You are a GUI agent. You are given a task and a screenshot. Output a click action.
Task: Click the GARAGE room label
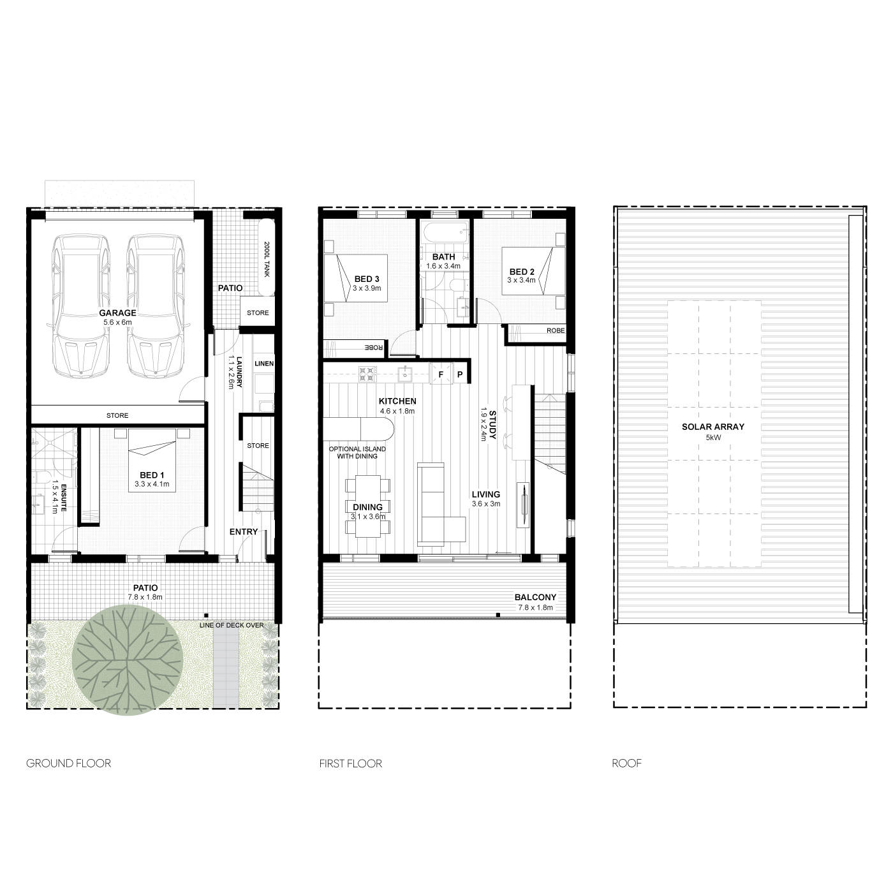click(x=117, y=313)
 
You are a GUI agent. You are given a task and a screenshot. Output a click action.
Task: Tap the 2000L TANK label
click(x=267, y=260)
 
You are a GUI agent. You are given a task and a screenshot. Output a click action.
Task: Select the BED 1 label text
click(x=152, y=475)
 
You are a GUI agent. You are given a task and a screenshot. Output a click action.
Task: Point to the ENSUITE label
click(x=64, y=498)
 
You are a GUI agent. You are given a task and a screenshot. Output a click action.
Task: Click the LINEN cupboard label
click(x=264, y=364)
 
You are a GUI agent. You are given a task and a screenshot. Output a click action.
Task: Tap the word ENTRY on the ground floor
click(x=243, y=531)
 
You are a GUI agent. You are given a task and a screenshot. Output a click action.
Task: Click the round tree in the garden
click(x=128, y=660)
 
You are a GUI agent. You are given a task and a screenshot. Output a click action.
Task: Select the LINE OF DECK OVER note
click(x=232, y=625)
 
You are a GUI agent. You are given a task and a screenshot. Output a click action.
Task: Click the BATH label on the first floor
click(x=443, y=256)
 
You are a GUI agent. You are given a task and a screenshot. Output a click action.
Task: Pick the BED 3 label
click(x=367, y=279)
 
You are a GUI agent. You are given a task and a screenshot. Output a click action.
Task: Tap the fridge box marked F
click(x=441, y=374)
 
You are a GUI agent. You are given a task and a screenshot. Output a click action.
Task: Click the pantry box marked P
click(x=460, y=374)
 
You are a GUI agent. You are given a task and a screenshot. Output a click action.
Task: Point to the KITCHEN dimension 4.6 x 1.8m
click(x=397, y=411)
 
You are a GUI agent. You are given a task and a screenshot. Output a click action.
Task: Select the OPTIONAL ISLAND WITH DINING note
click(x=357, y=452)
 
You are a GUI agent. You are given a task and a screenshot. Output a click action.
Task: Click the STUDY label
click(x=492, y=425)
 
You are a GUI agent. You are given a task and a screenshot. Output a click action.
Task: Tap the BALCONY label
click(x=535, y=597)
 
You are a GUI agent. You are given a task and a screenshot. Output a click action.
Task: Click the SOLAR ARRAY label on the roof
click(x=712, y=427)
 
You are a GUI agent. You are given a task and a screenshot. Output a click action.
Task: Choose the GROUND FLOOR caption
click(x=69, y=764)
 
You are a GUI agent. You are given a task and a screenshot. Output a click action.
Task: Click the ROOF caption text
click(x=626, y=764)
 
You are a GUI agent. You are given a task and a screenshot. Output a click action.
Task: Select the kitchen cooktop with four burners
click(x=367, y=374)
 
